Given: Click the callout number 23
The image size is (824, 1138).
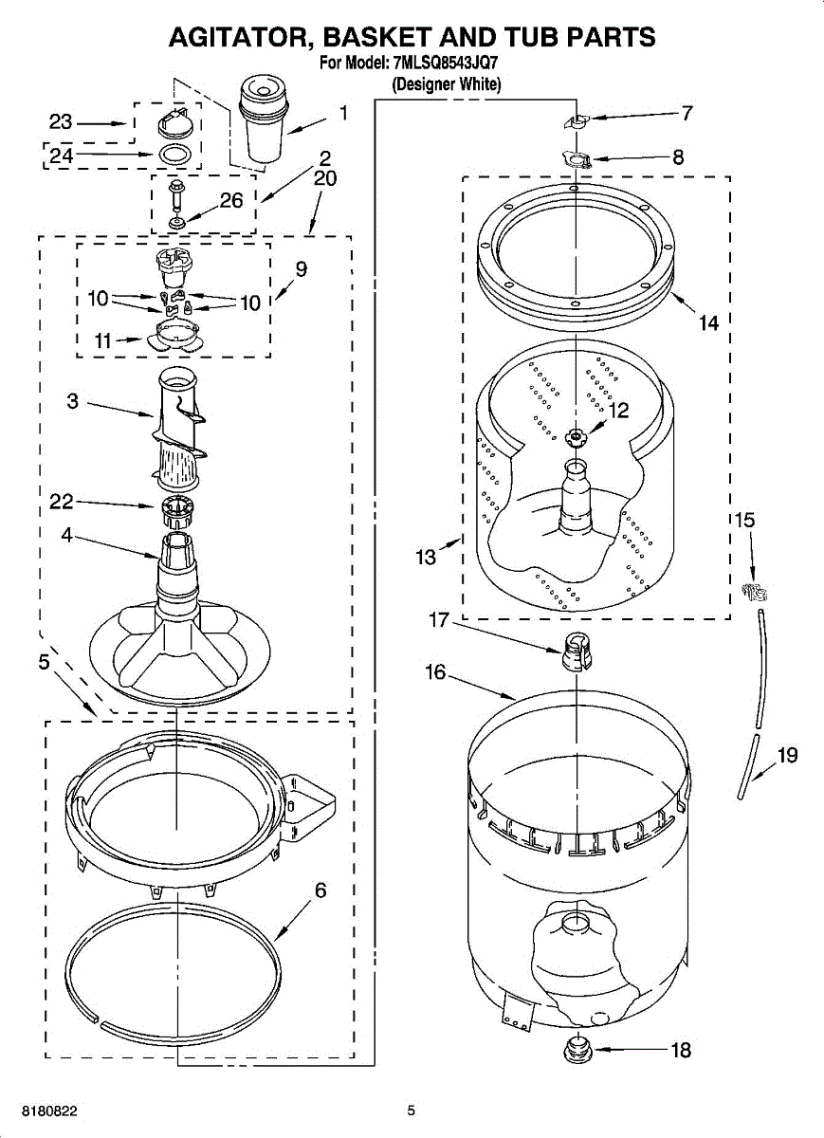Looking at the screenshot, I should click(x=61, y=122).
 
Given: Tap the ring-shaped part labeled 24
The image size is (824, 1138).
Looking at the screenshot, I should click(x=173, y=154).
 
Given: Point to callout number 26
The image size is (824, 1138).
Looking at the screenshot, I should click(x=231, y=201).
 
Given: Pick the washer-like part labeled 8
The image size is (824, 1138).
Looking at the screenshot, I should click(x=576, y=157).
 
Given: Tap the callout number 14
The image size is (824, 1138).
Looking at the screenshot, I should click(x=708, y=323).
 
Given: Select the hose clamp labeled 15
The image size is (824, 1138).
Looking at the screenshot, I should click(x=754, y=593).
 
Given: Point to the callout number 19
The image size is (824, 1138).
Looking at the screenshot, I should click(x=787, y=756).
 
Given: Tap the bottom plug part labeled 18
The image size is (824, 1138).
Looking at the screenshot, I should click(x=576, y=1050).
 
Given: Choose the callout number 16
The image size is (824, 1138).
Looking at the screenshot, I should click(x=435, y=672).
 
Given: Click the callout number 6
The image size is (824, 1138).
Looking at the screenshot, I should click(x=320, y=890).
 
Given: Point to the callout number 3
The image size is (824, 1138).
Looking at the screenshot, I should click(x=73, y=401).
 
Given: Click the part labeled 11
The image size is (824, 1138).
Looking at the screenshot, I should click(x=177, y=334).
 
